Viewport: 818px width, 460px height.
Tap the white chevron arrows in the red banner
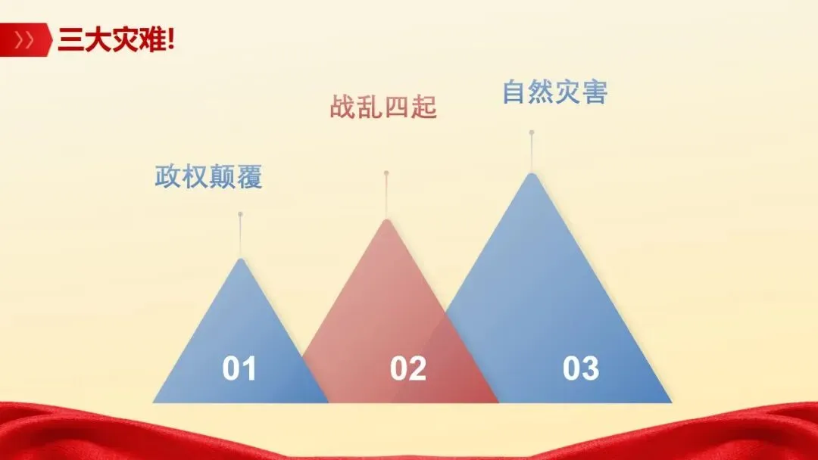point(24,40)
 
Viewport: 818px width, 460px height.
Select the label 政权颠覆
point(208,177)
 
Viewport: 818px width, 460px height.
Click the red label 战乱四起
point(383,107)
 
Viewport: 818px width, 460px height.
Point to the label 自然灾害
point(554,92)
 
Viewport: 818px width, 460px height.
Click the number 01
point(239,369)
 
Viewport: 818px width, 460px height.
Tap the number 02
point(408,369)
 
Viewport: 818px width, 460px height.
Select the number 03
point(581,369)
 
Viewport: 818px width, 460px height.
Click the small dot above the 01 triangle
point(240,214)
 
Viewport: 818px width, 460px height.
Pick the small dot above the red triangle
point(386,173)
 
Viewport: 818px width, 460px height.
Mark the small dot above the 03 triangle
point(532,132)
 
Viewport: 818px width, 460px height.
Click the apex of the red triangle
point(386,221)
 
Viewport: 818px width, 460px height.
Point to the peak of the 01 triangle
point(241,260)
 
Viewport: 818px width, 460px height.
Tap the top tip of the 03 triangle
point(532,175)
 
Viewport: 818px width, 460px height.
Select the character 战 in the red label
point(342,107)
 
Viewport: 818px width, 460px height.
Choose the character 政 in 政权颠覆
point(167,177)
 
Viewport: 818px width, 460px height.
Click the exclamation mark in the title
point(170,40)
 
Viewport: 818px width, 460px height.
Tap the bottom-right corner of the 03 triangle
point(670,401)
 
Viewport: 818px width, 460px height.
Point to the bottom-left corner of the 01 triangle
point(155,401)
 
